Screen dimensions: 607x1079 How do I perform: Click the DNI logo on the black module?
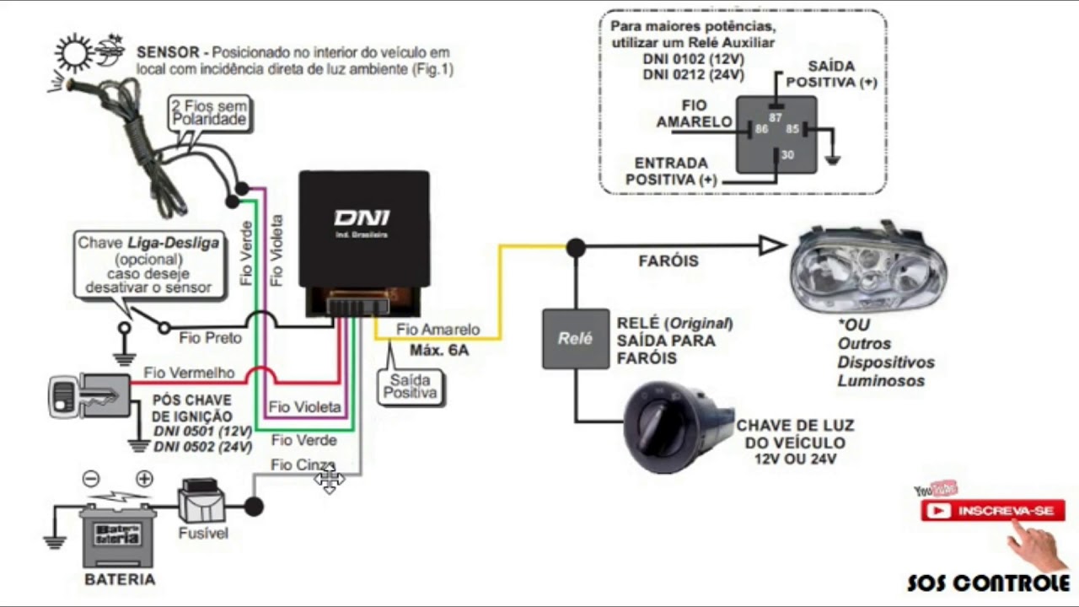[361, 218]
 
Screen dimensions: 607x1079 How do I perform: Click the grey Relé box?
[575, 338]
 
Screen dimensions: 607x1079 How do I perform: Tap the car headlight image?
[868, 270]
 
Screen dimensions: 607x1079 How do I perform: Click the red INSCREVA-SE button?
[992, 511]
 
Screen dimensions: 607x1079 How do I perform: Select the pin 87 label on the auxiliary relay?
[776, 118]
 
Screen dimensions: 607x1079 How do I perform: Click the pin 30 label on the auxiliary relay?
[786, 155]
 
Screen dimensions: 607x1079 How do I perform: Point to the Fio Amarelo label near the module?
[438, 330]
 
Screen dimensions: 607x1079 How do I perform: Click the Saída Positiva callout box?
[411, 386]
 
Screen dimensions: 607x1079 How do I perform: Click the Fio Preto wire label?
[210, 337]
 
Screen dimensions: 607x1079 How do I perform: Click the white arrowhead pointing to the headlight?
[771, 246]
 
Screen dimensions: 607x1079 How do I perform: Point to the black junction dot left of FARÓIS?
[576, 247]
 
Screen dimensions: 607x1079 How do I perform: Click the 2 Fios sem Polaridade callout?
[209, 112]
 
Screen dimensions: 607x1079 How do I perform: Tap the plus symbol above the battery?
[144, 479]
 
